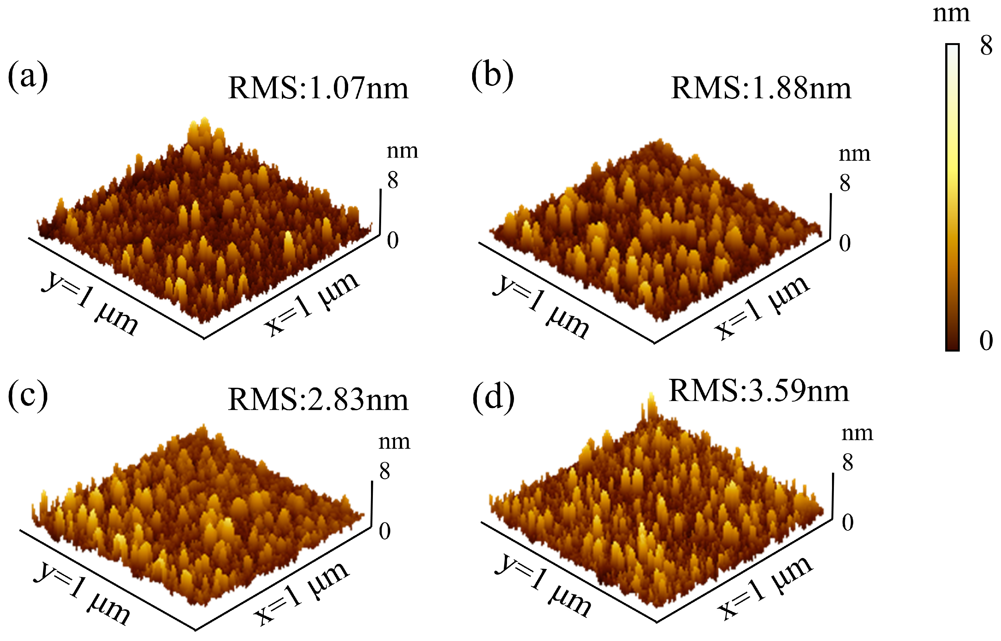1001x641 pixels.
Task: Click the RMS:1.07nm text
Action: [x=318, y=88]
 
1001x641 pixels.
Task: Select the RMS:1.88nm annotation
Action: [x=761, y=88]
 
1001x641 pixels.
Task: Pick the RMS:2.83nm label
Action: [x=318, y=399]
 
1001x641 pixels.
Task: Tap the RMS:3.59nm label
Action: [x=758, y=391]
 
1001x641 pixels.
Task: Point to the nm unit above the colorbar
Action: [x=951, y=14]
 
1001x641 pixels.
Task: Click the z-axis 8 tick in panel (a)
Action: [x=393, y=180]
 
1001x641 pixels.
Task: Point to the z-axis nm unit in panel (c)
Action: [x=394, y=442]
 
